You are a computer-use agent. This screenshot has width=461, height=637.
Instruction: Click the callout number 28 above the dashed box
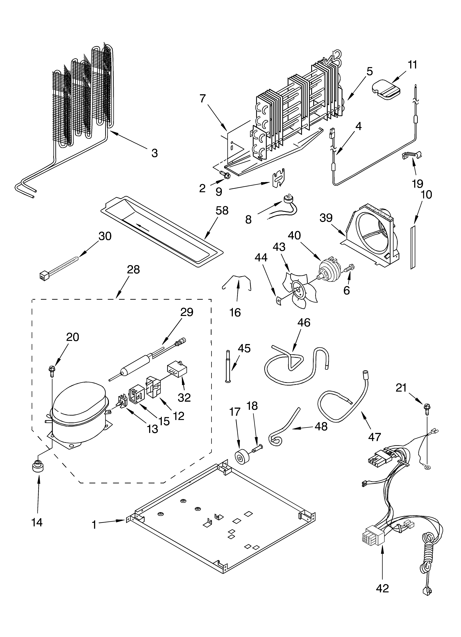click(x=133, y=270)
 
